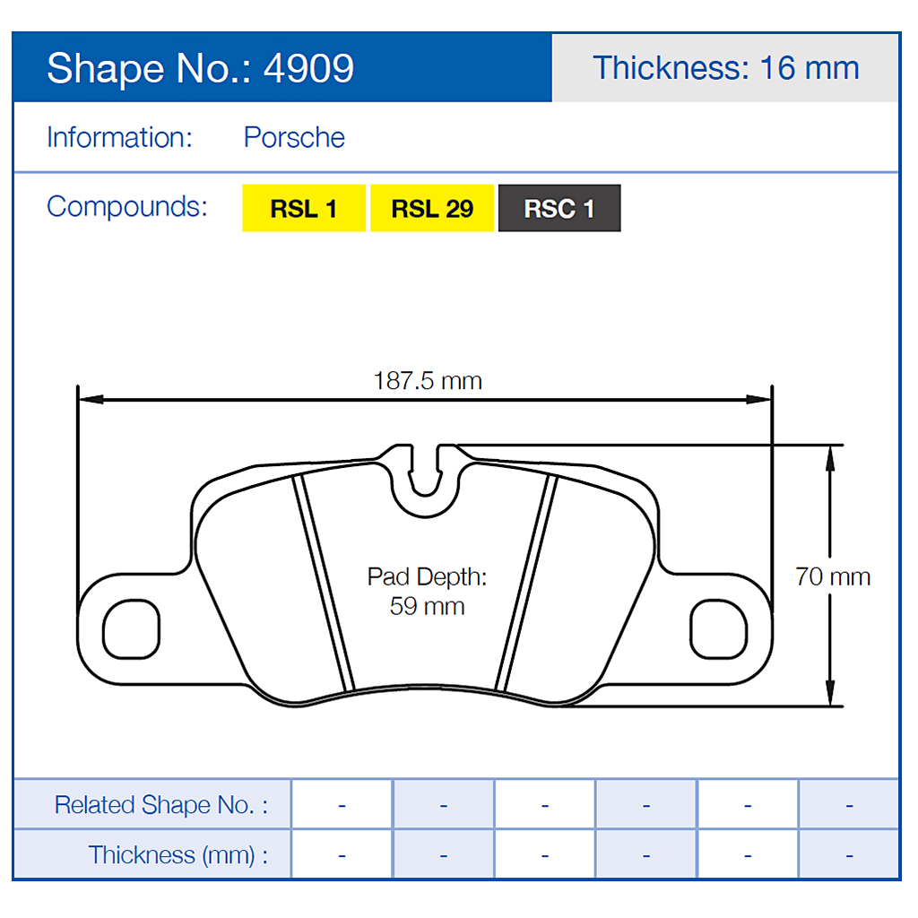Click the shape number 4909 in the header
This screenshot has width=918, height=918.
[308, 69]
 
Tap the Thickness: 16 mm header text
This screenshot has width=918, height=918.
[725, 68]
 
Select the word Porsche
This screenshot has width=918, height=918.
[294, 138]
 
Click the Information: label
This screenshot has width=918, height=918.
[119, 138]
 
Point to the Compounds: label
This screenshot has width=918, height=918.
[126, 206]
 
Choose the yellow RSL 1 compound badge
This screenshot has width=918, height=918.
[304, 209]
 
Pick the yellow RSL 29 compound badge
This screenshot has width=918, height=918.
[432, 209]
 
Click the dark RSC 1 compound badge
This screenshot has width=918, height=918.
[559, 209]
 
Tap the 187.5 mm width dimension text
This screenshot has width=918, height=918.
[428, 381]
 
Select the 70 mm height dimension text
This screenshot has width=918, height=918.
[832, 576]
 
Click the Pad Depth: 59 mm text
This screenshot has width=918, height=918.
[428, 592]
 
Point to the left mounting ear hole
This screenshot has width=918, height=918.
[131, 628]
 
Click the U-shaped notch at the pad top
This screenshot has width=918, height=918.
[427, 475]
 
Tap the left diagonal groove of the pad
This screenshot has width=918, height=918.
[325, 583]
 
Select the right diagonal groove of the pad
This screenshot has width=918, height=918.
[527, 583]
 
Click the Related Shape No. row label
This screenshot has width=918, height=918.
[161, 805]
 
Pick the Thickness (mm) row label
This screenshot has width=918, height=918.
[178, 855]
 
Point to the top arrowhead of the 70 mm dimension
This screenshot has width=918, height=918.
[831, 454]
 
